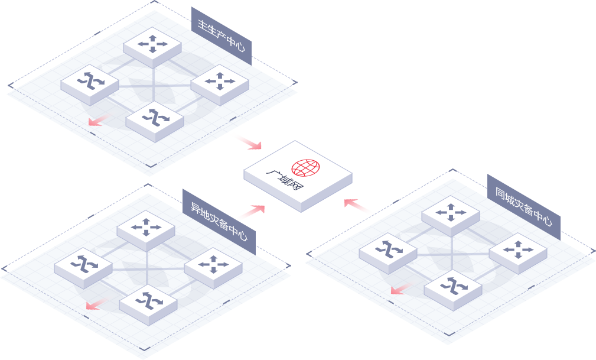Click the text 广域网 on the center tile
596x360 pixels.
284,181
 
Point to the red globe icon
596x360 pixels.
305,168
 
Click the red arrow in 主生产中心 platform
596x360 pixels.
96,121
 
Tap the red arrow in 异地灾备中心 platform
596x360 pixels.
94,304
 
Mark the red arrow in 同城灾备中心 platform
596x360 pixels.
400,289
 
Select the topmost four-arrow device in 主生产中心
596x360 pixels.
152,44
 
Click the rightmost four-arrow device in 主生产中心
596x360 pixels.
220,81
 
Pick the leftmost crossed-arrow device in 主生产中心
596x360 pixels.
90,81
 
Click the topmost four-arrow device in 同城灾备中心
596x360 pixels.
451,213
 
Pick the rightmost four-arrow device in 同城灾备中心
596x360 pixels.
518,250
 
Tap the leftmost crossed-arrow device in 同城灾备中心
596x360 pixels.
388,250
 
